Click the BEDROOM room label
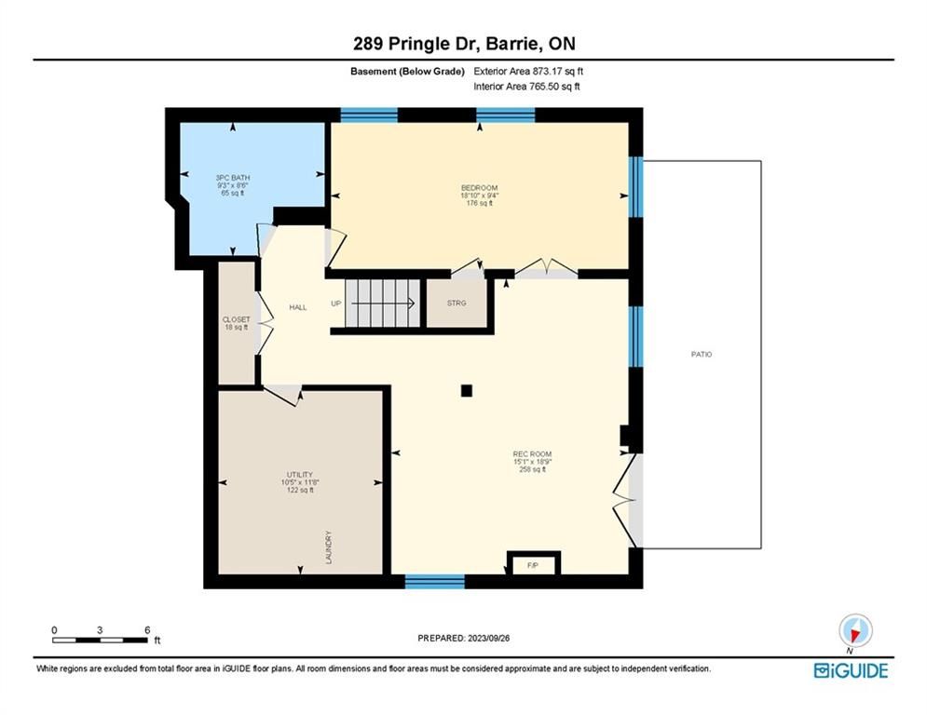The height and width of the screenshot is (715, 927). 479,188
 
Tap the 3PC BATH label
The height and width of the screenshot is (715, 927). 232,177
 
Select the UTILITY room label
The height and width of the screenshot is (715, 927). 300,475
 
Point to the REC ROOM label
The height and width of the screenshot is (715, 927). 532,453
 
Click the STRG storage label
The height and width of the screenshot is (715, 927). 457,303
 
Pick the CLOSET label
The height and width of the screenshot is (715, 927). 236,319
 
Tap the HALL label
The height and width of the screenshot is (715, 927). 298,307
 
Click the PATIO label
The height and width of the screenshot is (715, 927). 702,354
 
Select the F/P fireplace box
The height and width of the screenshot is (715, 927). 533,564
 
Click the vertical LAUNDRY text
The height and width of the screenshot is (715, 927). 329,547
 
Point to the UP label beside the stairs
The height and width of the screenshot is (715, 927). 335,304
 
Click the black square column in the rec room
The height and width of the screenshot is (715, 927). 467,391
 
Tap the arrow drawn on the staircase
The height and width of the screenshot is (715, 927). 383,304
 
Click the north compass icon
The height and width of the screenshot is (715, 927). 855,630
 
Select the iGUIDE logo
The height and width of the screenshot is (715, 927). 851,670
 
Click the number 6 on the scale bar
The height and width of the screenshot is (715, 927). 147,630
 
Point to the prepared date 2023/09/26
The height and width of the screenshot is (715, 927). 488,638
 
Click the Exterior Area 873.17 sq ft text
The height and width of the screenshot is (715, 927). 528,71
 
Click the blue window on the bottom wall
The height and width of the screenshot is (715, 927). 434,582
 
